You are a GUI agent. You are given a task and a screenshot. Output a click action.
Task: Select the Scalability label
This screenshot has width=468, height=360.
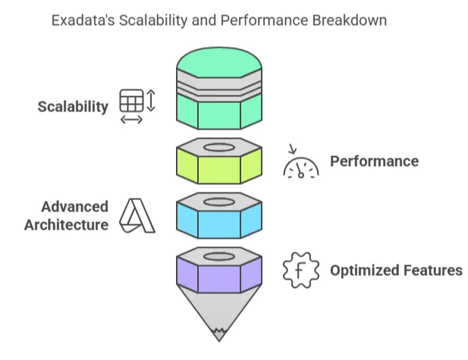click(x=73, y=107)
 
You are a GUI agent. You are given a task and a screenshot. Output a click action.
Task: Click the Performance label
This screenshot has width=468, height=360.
click(x=374, y=161)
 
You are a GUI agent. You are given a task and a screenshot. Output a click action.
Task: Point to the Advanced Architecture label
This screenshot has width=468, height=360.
click(x=66, y=216)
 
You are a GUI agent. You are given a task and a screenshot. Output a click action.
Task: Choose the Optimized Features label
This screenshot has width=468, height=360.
click(x=396, y=270)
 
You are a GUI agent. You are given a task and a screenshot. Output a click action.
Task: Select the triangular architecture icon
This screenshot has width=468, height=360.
click(x=137, y=216)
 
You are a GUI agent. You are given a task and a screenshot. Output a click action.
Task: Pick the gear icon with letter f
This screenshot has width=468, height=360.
click(x=300, y=271)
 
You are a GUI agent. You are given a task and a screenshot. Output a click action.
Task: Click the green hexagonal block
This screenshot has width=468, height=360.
click(x=219, y=114)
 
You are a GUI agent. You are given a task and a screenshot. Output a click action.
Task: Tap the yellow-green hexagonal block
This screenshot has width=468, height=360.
click(x=219, y=169)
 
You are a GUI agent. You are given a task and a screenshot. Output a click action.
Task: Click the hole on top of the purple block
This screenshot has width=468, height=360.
click(x=219, y=255)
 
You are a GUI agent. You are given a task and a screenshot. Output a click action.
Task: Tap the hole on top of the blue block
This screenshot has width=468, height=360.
click(x=219, y=202)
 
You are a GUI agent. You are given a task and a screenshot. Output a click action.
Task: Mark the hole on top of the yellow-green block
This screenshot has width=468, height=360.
click(x=219, y=146)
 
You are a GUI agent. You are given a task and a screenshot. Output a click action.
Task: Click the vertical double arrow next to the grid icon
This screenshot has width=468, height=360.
click(x=150, y=101)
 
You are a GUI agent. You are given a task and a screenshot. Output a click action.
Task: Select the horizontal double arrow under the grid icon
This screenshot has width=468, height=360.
click(x=131, y=119)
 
